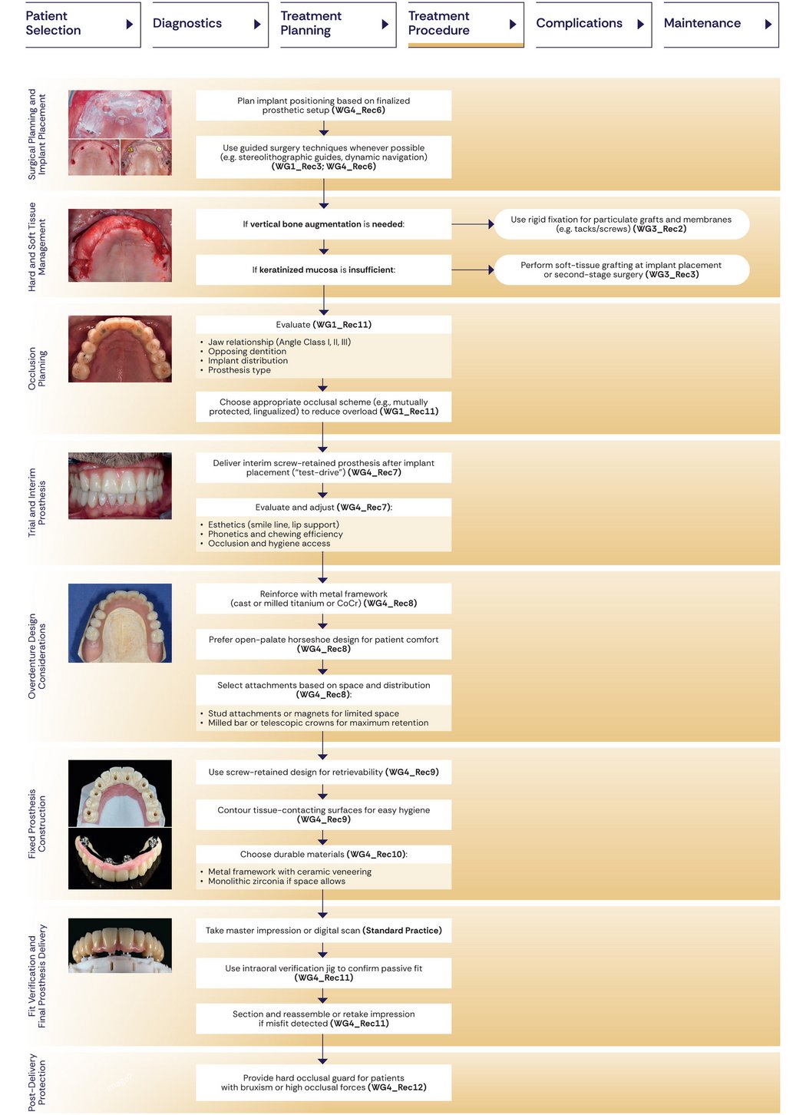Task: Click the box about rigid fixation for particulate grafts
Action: pos(621,224)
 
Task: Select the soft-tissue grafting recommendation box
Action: pos(621,270)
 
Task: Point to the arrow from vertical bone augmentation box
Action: pos(472,224)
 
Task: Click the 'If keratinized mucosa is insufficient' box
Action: pos(323,270)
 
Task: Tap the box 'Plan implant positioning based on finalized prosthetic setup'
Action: pos(323,105)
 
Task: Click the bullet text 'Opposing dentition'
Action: pos(247,352)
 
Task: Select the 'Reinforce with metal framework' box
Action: pos(323,598)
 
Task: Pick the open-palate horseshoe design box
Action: pos(323,644)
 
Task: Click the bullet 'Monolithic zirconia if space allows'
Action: pos(276,882)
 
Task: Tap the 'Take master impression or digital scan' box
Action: pos(323,931)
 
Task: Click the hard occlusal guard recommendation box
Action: pos(323,1083)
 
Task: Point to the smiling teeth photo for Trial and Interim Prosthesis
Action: pos(120,485)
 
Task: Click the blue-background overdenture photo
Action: pos(120,623)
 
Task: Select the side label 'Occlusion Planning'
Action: pos(37,369)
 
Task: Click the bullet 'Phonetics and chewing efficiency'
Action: pos(275,534)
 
